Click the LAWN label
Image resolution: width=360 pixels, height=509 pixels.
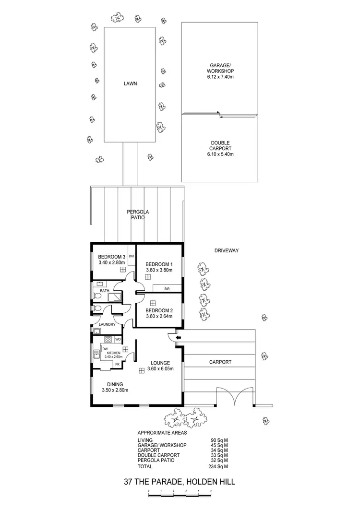click(x=130, y=83)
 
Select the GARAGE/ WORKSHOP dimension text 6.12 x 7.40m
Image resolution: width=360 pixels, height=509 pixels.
click(x=220, y=76)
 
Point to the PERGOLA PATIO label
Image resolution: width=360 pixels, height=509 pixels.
click(x=136, y=214)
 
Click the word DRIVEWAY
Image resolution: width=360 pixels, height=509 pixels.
click(x=227, y=250)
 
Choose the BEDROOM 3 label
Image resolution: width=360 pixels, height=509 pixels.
click(x=111, y=256)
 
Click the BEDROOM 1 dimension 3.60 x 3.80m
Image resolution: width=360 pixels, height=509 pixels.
click(x=159, y=271)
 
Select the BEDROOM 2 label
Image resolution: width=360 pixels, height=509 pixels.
click(x=159, y=310)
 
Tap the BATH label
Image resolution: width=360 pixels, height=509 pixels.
click(x=105, y=291)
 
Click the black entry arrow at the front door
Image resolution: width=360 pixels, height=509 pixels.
click(x=178, y=338)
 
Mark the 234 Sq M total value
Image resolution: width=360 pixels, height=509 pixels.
click(x=219, y=466)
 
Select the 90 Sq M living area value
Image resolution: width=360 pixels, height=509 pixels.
click(x=219, y=440)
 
